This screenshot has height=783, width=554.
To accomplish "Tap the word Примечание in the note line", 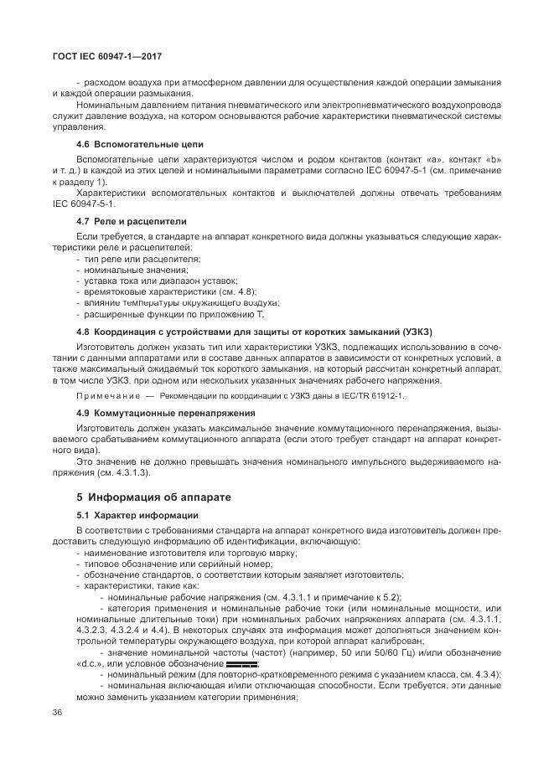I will click(108, 395).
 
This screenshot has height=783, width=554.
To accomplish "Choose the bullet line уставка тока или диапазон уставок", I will click(159, 281).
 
